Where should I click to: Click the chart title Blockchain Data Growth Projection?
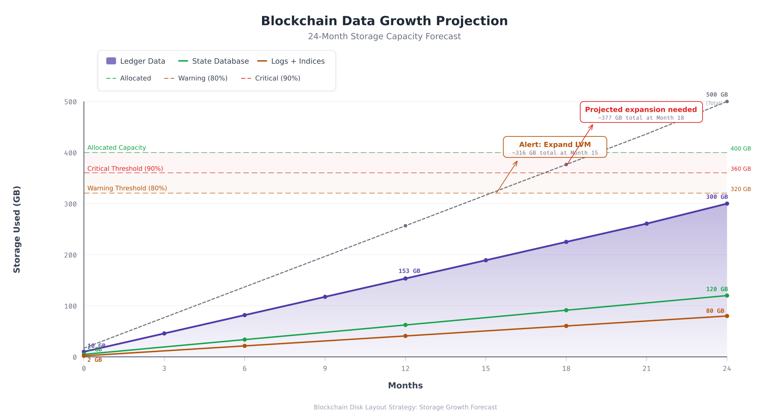click(384, 21)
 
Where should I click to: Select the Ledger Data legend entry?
click(136, 61)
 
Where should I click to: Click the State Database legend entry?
click(214, 61)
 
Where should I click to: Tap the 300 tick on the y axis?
click(71, 204)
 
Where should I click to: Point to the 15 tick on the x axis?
click(486, 369)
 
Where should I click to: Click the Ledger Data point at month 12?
click(405, 279)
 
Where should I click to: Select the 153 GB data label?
click(409, 271)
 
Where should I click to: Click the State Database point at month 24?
click(727, 296)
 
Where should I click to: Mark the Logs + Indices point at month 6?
click(244, 346)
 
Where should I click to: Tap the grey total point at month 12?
click(405, 226)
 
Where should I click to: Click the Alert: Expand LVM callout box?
click(555, 147)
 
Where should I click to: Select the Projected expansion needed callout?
click(641, 112)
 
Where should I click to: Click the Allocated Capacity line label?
click(117, 148)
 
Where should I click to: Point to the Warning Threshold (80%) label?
click(127, 188)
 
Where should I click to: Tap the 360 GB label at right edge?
click(741, 169)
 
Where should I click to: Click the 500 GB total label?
click(717, 95)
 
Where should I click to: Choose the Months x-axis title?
click(405, 386)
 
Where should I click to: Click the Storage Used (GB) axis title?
click(17, 229)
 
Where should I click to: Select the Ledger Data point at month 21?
click(647, 224)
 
